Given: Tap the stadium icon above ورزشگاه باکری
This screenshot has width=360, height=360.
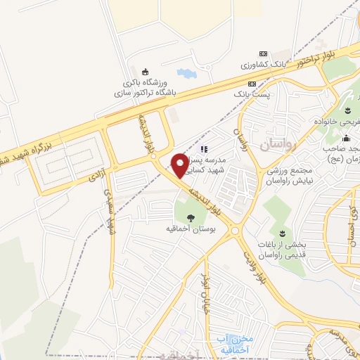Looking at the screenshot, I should (x=146, y=71).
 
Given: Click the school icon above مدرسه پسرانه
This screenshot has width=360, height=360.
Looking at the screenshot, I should (x=205, y=148).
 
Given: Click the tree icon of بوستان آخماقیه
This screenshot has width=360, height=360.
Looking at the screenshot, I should (x=191, y=217).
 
